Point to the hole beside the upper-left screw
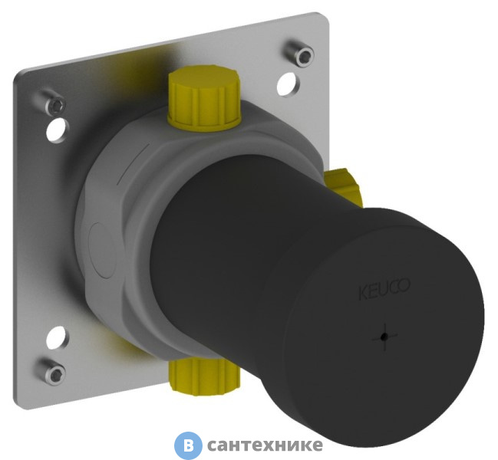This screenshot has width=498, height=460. pyautogui.click(x=56, y=130)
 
